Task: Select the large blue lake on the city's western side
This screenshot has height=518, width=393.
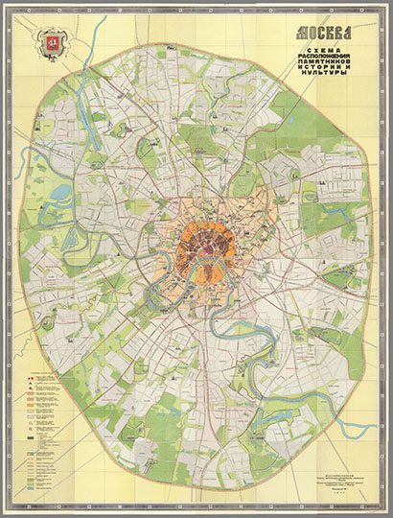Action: (x=60, y=192)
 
